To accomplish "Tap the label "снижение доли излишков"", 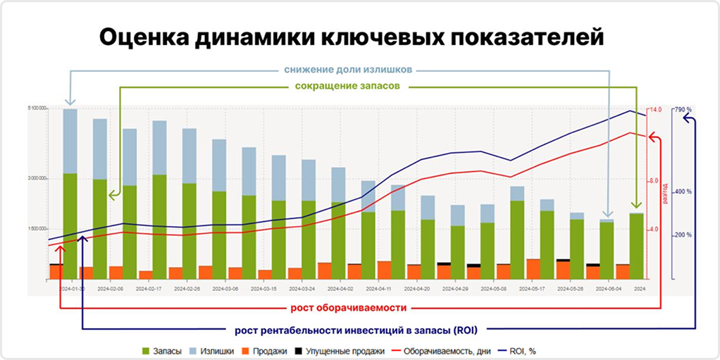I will pos(348,70).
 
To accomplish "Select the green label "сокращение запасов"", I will pos(348,87).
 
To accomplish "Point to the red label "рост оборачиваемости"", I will pos(349,308).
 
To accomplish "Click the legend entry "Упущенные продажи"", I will pos(342,350).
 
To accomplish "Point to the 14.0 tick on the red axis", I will pos(655,110).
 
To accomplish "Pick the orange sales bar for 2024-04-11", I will pos(384,270).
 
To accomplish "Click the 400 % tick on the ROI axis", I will pos(683,192).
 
